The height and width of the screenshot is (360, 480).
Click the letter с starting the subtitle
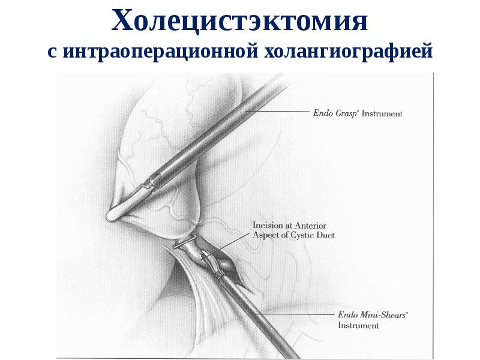click(x=52, y=53)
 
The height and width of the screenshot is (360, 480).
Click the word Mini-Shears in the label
click(x=374, y=314)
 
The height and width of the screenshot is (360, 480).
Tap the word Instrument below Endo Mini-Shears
click(x=358, y=325)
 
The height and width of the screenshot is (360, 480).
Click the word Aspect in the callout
click(x=266, y=235)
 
